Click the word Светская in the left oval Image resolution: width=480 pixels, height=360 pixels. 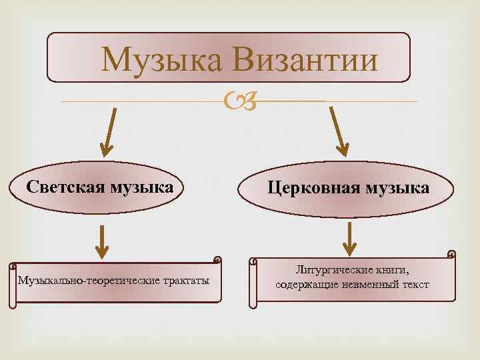pyautogui.click(x=63, y=187)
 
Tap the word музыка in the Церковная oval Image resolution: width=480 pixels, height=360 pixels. pyautogui.click(x=395, y=189)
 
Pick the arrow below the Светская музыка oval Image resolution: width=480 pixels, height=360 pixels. pyautogui.click(x=101, y=241)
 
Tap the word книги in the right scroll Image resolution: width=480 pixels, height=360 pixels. pyautogui.click(x=389, y=271)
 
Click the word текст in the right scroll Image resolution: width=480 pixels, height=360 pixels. pyautogui.click(x=415, y=285)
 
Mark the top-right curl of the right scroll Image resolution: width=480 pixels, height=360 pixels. pyautogui.click(x=451, y=255)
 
